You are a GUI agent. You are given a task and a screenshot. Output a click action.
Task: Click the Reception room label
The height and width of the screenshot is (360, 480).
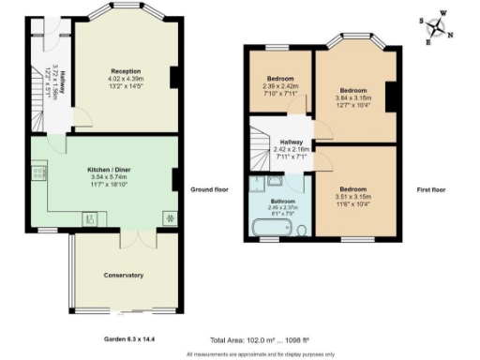126,71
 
